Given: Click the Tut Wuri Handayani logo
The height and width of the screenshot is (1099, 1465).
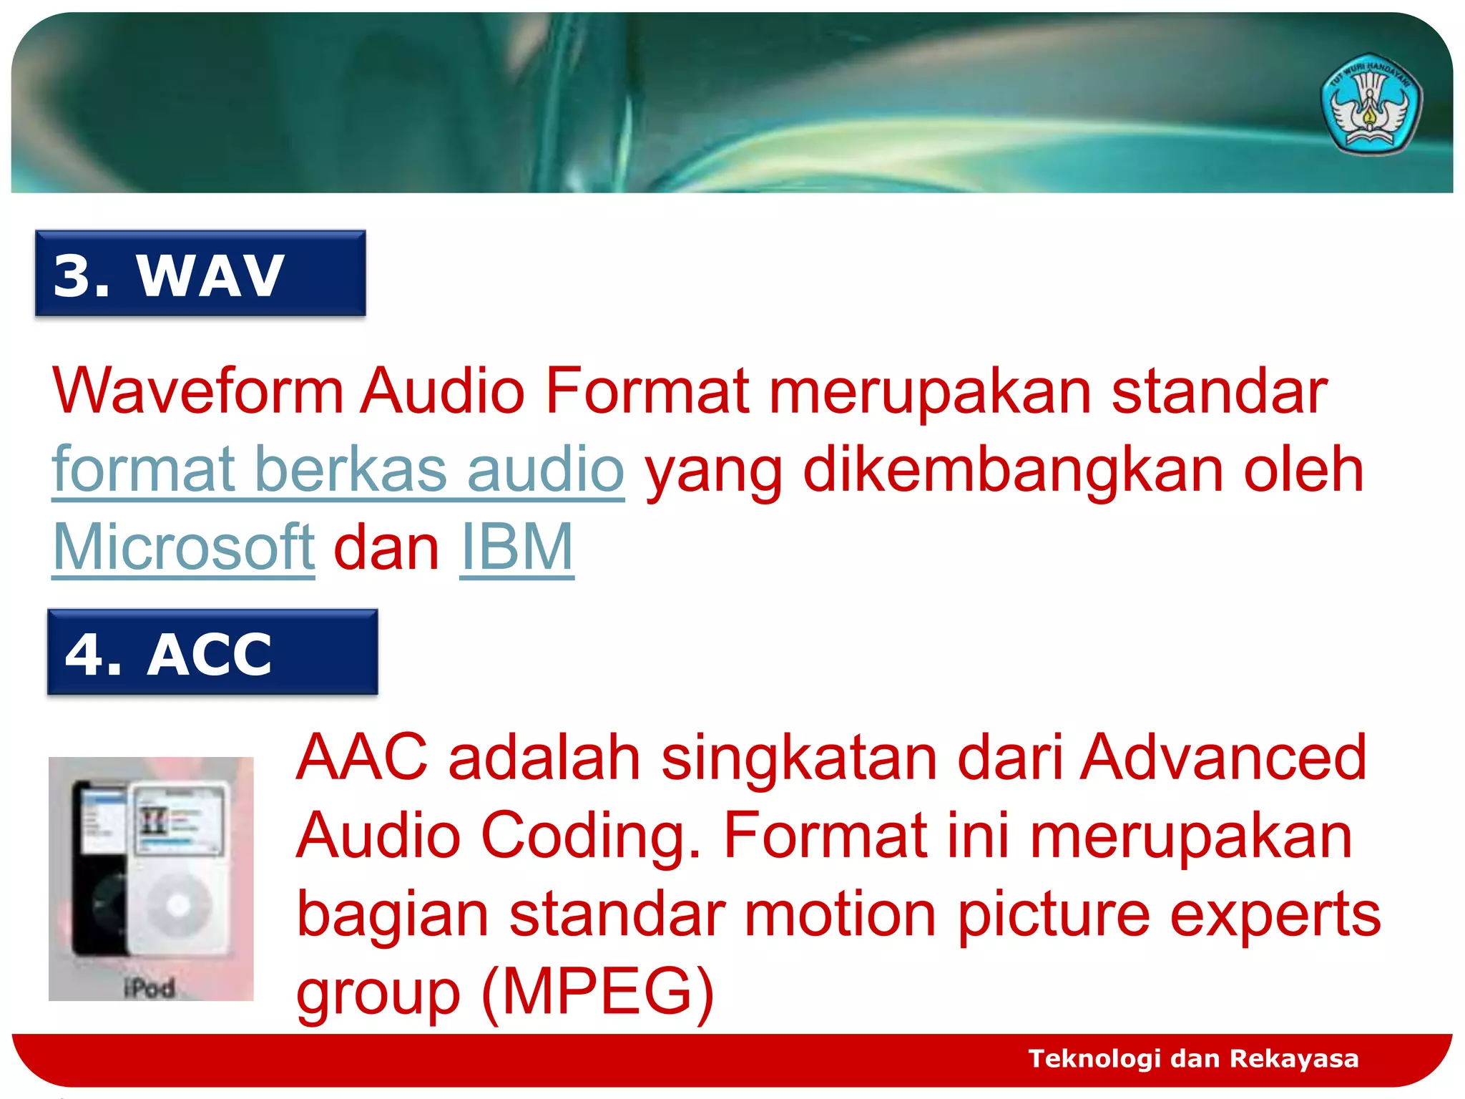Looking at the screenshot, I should coord(1371,104).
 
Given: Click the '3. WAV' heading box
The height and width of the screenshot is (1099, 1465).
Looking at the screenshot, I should coord(200,273).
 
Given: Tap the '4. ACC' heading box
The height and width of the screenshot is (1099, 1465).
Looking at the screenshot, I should coord(212,652).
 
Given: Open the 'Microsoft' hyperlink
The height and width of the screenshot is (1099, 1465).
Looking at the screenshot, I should coord(184,547).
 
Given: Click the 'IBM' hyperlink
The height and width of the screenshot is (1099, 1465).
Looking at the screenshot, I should coord(516,547).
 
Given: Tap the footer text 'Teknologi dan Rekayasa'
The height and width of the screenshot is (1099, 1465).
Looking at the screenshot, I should coord(1193,1058).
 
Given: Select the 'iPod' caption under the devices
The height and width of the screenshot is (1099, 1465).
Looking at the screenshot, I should coord(150,988).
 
